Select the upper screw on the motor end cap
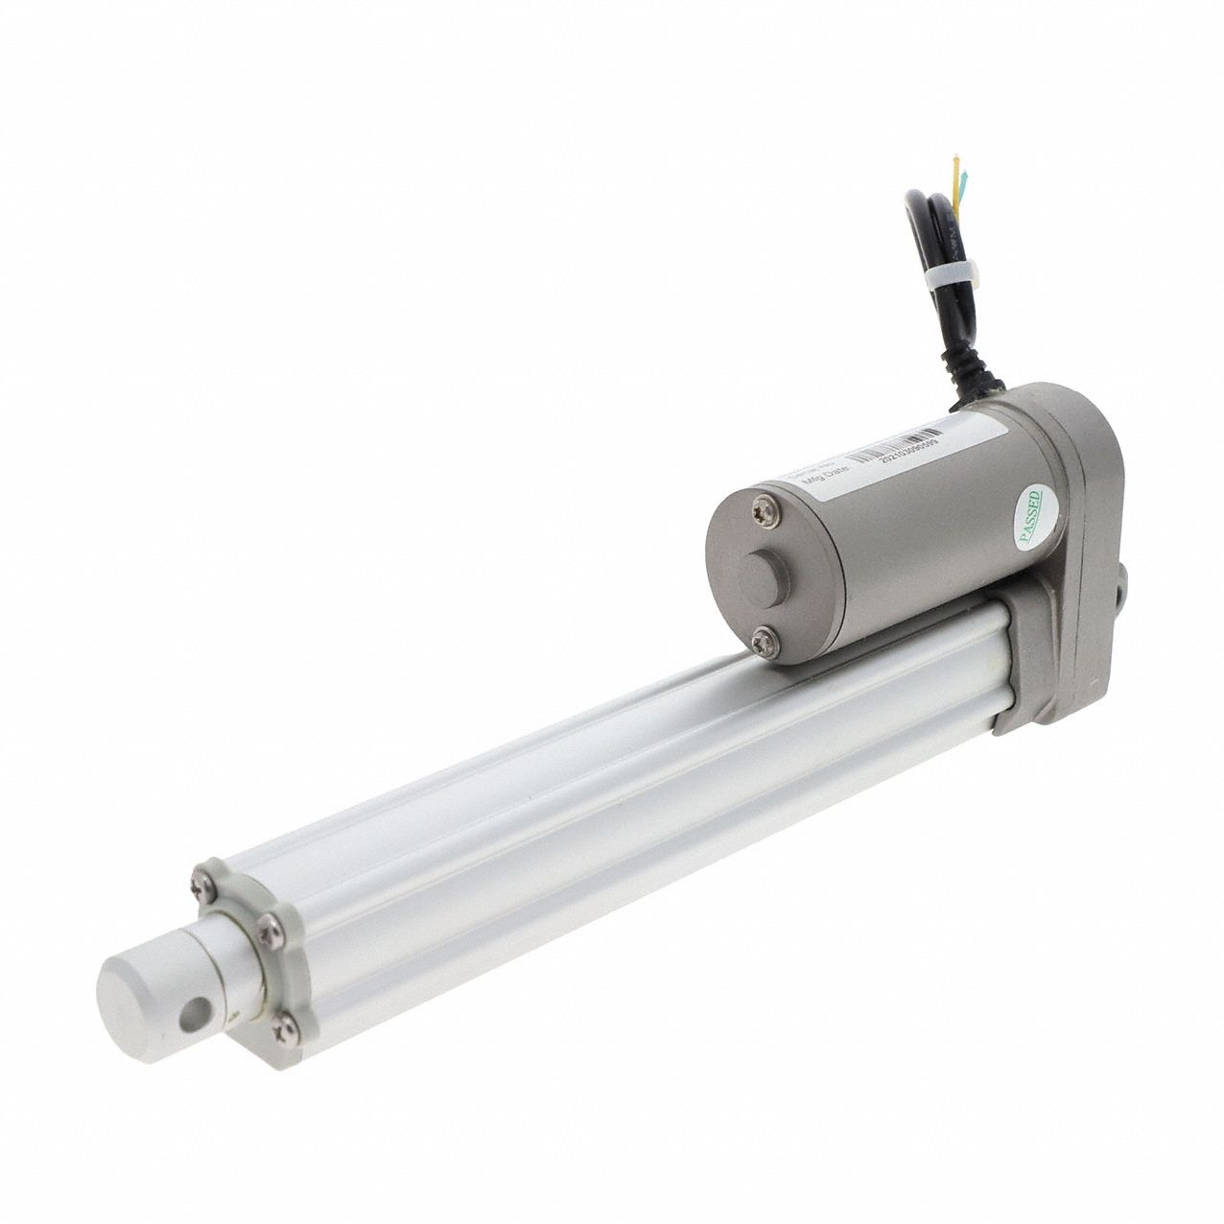click(764, 503)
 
